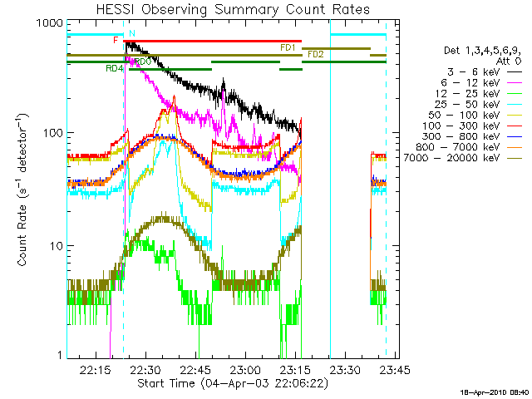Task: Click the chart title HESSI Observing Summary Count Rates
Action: (233, 9)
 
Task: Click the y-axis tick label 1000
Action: (50, 23)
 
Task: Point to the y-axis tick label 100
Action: (53, 133)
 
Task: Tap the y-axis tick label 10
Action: (57, 246)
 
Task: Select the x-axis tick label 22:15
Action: (96, 370)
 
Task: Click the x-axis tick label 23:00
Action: (245, 370)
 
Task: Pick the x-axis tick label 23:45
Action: (395, 370)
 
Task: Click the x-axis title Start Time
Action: (166, 383)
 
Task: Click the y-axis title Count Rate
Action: (22, 234)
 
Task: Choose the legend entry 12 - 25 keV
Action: (467, 93)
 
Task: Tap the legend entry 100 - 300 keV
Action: (461, 126)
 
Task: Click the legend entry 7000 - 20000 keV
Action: (451, 158)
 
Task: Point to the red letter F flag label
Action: (116, 40)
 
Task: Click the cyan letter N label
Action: (132, 33)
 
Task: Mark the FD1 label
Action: (288, 48)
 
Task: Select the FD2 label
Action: (316, 54)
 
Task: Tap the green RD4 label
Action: (115, 68)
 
